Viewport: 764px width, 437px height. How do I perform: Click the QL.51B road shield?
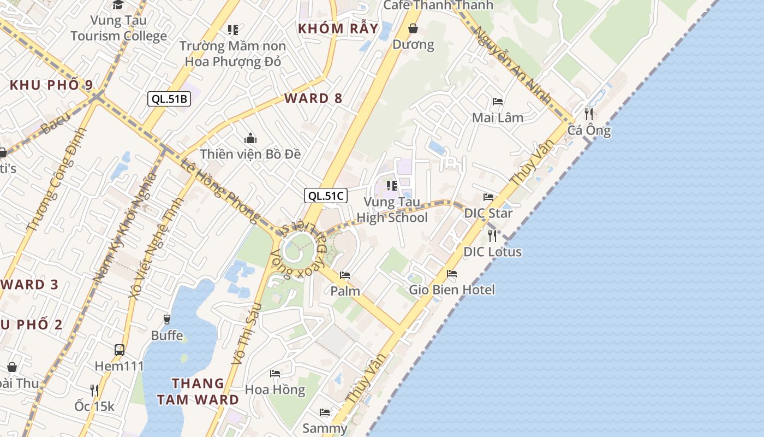click(x=169, y=99)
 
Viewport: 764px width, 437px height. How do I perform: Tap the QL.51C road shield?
click(x=326, y=196)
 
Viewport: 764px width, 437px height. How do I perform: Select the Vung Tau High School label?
click(x=392, y=210)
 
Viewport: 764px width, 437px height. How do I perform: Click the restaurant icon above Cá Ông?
click(x=588, y=114)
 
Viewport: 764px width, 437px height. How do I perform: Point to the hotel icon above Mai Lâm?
click(x=497, y=102)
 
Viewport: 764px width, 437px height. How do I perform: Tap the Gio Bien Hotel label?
click(x=452, y=290)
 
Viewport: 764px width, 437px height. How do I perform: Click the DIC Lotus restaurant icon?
click(x=492, y=235)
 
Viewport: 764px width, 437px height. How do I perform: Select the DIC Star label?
click(x=488, y=213)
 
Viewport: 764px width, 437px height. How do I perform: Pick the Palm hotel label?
click(x=345, y=291)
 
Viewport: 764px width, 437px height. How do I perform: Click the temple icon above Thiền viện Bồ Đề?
click(x=250, y=138)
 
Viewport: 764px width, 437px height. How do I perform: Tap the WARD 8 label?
click(x=313, y=98)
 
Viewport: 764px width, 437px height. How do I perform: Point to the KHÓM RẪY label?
click(x=338, y=28)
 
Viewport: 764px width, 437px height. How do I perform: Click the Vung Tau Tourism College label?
click(x=118, y=28)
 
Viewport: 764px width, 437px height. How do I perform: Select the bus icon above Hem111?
click(x=119, y=350)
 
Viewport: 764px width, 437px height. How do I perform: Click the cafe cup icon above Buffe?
click(x=167, y=319)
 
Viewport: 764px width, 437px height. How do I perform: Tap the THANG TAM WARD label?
click(x=198, y=391)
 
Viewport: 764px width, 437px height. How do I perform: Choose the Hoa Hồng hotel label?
click(x=274, y=389)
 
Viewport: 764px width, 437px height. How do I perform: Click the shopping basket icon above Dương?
click(x=414, y=28)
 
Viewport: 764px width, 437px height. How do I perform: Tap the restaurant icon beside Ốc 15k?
click(x=94, y=390)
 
